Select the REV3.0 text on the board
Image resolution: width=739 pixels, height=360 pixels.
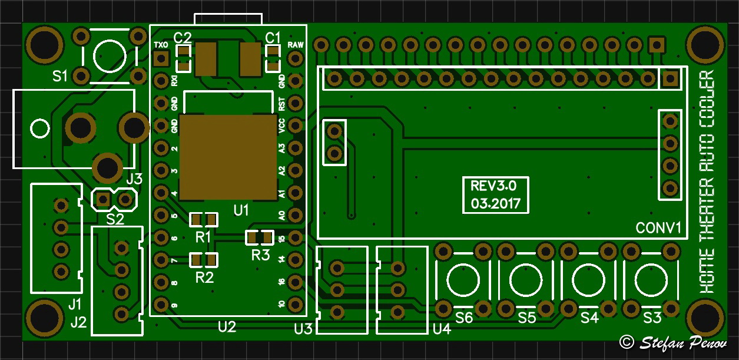493,187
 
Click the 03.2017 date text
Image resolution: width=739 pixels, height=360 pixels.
495,204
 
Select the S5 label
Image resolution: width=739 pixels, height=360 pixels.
527,318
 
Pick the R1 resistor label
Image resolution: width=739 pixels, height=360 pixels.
204,237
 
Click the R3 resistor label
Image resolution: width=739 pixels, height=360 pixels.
260,255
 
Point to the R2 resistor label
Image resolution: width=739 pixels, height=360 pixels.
204,277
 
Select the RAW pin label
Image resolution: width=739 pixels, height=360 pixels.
295,45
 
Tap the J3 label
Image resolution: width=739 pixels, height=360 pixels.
134,179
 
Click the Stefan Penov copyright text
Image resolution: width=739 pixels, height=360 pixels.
674,342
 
